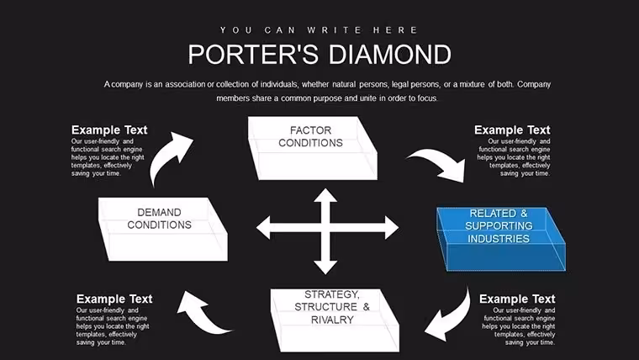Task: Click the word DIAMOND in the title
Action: [x=390, y=54]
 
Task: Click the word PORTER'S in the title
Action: [x=253, y=54]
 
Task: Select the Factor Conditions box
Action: [x=313, y=148]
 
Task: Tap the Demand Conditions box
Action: [x=163, y=229]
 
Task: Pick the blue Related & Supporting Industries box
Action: [x=501, y=239]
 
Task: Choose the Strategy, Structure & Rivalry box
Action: [x=335, y=320]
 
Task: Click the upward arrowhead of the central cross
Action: [x=325, y=195]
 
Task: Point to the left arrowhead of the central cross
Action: [x=263, y=227]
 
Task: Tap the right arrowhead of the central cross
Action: [x=392, y=227]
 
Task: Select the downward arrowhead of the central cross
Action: [x=325, y=267]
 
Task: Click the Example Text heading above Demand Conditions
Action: [x=109, y=130]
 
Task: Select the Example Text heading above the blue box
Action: [x=512, y=130]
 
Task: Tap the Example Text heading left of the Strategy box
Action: [x=114, y=299]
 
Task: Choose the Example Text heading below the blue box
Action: [x=517, y=299]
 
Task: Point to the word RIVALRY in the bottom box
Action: [x=332, y=320]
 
